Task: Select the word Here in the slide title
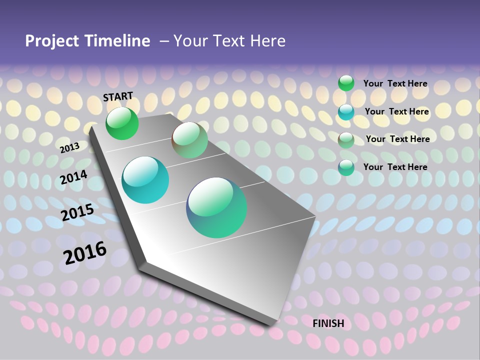[x=267, y=41]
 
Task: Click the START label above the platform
[x=118, y=96]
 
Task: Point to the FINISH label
[x=328, y=323]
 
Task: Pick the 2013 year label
[x=70, y=147]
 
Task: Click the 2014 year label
[x=73, y=177]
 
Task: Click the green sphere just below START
[x=122, y=123]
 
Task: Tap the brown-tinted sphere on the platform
[x=189, y=140]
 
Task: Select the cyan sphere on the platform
[x=145, y=180]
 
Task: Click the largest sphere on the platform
[x=216, y=207]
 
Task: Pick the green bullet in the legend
[x=346, y=83]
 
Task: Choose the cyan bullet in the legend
[x=346, y=111]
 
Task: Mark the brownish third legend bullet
[x=346, y=139]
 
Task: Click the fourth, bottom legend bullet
[x=346, y=167]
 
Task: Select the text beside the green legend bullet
[x=395, y=83]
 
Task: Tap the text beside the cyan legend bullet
[x=396, y=111]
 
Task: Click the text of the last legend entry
[x=395, y=167]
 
